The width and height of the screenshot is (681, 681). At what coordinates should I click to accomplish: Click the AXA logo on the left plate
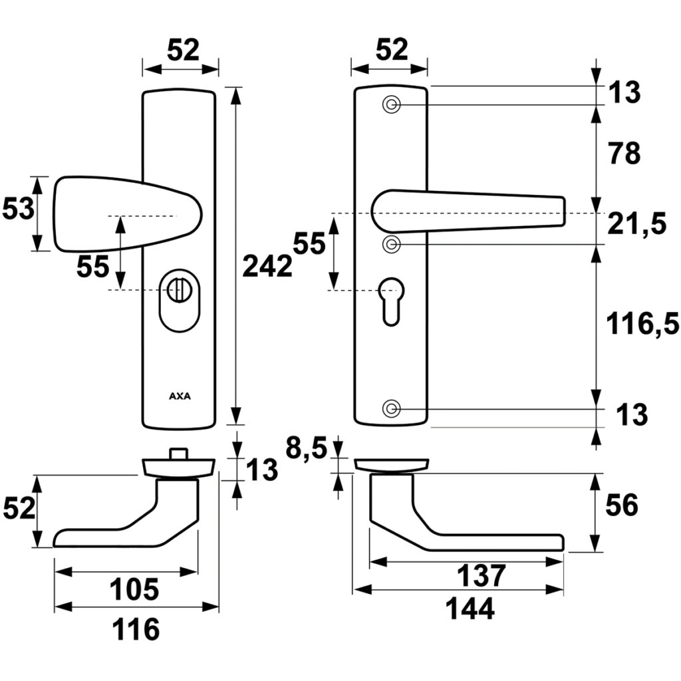coord(179,396)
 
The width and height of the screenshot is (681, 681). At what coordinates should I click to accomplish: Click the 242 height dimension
coord(267,266)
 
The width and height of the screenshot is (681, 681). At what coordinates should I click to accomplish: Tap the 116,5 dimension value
coord(642,325)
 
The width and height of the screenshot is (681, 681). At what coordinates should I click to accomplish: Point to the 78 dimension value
coord(624,154)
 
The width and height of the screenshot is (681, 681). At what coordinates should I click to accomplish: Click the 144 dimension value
coord(470,609)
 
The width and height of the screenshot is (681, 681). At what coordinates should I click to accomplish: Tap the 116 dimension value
coord(136,628)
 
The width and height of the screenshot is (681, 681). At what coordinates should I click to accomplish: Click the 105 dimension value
coord(135,589)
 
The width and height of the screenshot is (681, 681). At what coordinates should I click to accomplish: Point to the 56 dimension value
coord(622,506)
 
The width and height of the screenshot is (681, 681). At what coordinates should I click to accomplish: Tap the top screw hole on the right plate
coord(392,104)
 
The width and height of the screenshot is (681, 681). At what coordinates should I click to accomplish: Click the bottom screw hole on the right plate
coord(392,408)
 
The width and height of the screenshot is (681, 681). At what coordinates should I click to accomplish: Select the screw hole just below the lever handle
coord(392,244)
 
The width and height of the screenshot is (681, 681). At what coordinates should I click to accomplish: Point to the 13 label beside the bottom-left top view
coord(261,470)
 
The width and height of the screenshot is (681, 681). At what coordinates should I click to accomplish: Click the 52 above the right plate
coord(390,50)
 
